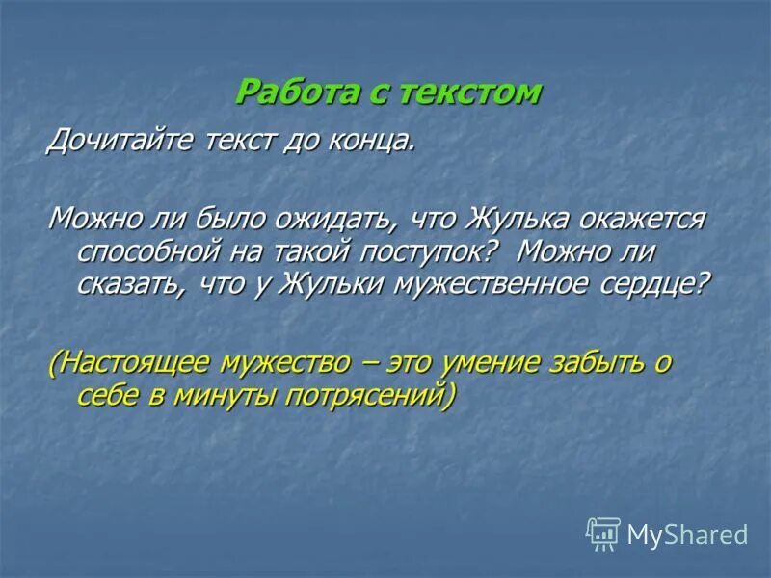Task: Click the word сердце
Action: (657, 285)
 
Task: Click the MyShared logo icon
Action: (602, 534)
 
